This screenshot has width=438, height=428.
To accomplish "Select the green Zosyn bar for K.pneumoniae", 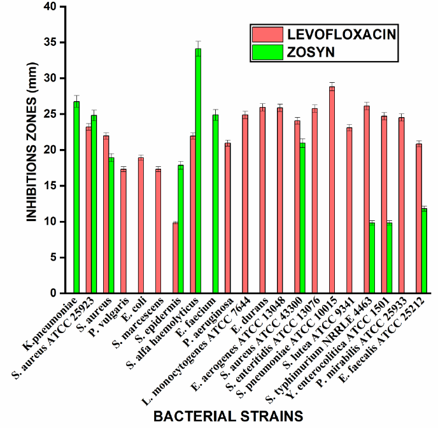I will pos(76,197).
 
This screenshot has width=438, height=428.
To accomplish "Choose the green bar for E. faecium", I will pos(215,204).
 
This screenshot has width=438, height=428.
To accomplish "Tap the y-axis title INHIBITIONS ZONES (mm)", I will pos(31,150).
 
